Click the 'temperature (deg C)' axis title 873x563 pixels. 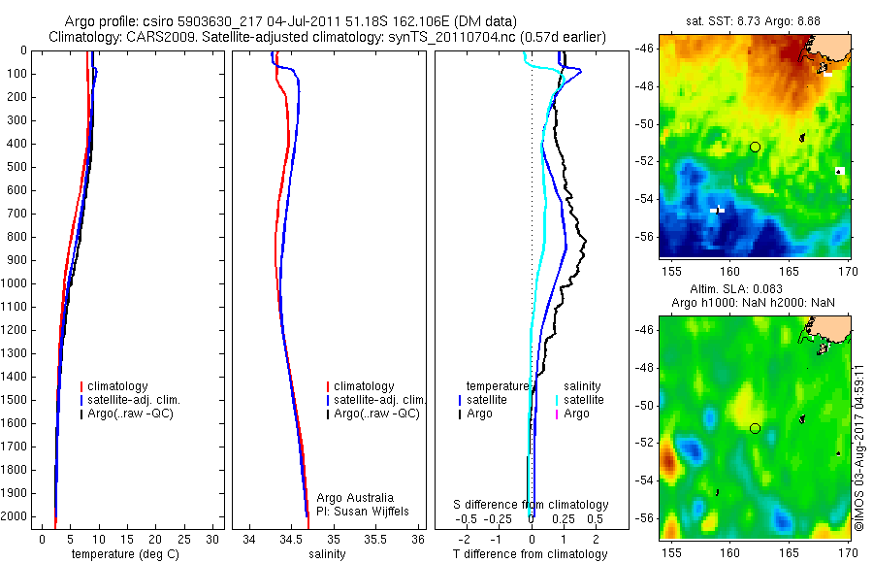point(126,554)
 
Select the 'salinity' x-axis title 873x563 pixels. point(329,554)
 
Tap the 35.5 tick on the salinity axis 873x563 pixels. point(375,539)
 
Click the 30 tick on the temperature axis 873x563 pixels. point(211,539)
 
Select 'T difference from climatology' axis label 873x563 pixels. point(531,554)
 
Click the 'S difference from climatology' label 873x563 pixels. point(532,505)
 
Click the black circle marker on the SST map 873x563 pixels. point(755,147)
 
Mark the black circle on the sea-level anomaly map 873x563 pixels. point(755,428)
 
